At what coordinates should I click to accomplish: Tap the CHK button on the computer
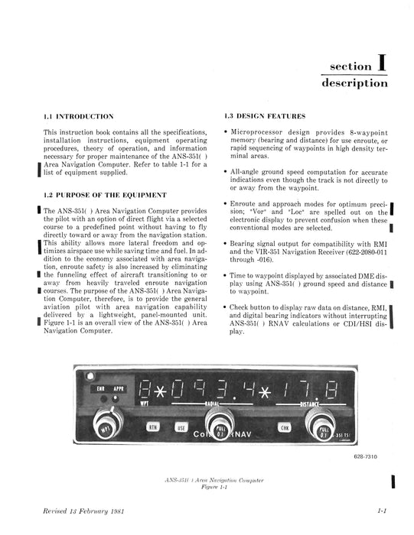point(285,428)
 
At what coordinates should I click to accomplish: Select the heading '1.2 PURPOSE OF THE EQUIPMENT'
point(106,195)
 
